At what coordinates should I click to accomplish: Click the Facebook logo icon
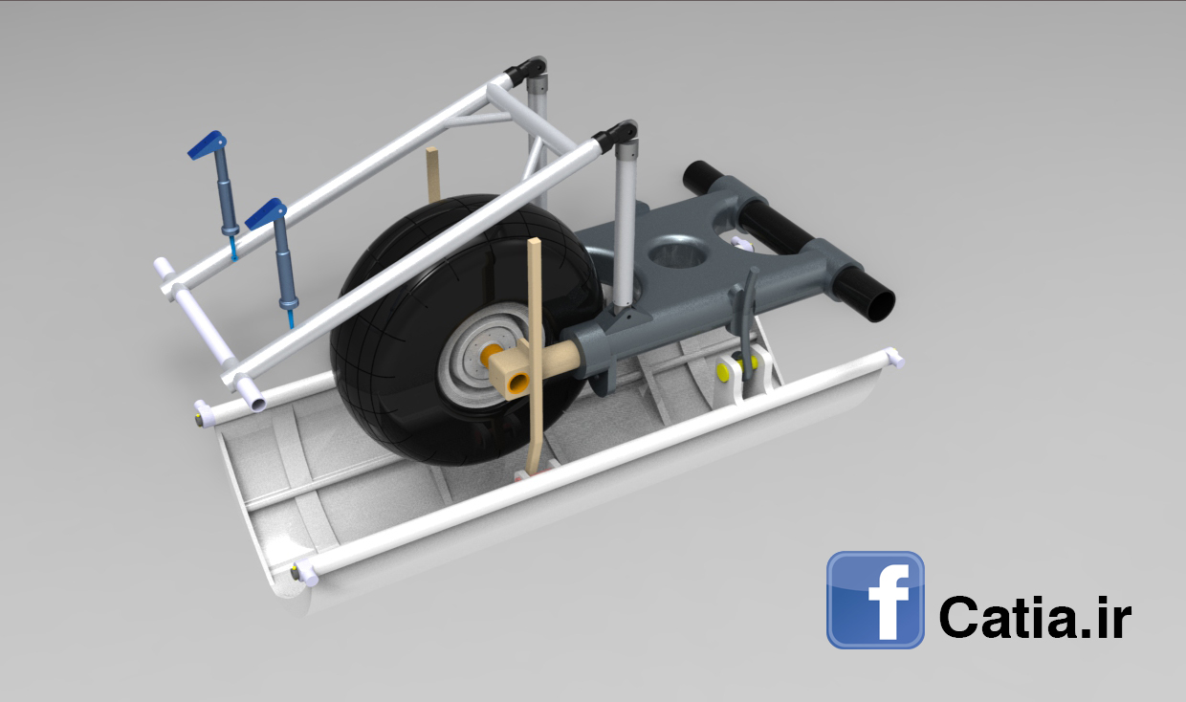875,600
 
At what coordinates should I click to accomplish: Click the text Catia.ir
1035,616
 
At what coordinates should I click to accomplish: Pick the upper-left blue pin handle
208,144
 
